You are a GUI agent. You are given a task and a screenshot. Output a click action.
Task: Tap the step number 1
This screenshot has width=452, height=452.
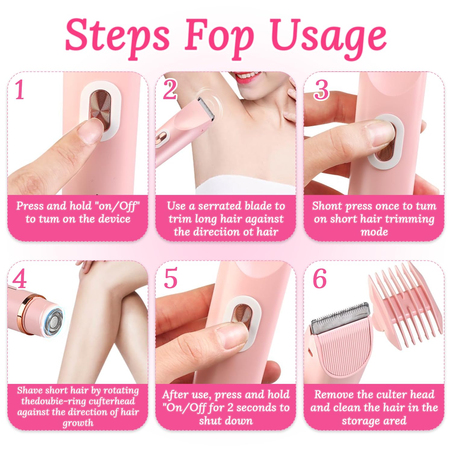pyautogui.click(x=20, y=89)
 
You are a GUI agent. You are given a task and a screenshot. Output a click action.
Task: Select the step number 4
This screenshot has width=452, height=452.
pyautogui.click(x=19, y=279)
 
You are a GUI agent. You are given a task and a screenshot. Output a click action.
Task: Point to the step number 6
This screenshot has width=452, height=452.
pyautogui.click(x=320, y=279)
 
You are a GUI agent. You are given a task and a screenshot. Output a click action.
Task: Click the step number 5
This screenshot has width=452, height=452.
pyautogui.click(x=171, y=279)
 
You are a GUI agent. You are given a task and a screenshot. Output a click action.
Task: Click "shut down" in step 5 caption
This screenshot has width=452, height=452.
pyautogui.click(x=225, y=420)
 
